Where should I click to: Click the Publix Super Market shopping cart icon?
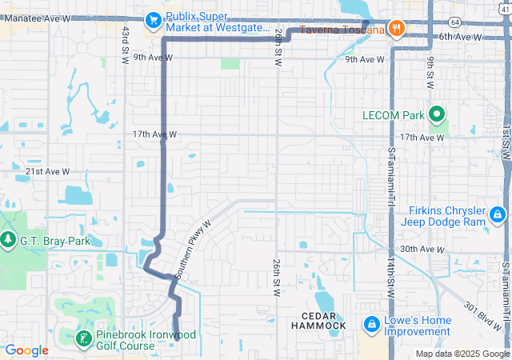[152, 18]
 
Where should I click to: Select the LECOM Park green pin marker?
[437, 114]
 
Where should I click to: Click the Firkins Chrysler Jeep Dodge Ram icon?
[498, 214]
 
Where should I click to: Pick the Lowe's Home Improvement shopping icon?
[371, 325]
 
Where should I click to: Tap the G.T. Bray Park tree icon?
[7, 239]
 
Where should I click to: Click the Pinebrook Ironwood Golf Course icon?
[83, 338]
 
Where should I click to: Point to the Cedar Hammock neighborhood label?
[324, 320]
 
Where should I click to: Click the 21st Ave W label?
[47, 172]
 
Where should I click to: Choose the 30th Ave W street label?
[422, 250]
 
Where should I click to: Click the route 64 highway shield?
[454, 22]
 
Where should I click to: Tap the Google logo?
[26, 350]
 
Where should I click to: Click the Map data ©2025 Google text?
[462, 354]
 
